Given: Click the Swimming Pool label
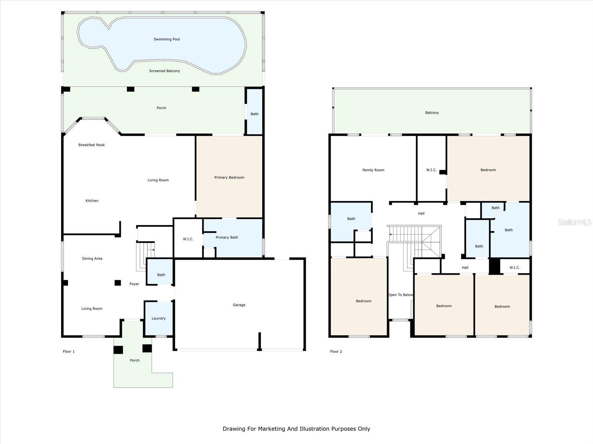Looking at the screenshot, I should [x=167, y=39].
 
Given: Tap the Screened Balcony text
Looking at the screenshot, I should [x=165, y=71].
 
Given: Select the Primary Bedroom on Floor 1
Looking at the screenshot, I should [x=229, y=178].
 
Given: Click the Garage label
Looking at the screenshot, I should [x=239, y=305].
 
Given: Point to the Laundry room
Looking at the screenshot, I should [x=159, y=318].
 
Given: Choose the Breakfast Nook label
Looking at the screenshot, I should [x=92, y=145].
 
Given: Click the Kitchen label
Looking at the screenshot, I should [x=92, y=201].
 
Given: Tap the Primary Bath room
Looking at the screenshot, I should [x=227, y=238].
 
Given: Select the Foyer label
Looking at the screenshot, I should [x=134, y=284].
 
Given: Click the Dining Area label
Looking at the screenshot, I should [x=92, y=259].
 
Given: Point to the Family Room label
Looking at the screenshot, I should [x=373, y=170].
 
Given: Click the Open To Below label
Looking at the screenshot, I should [x=400, y=295].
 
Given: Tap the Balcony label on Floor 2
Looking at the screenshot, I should [x=432, y=113].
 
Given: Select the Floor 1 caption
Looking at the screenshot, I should [x=69, y=351].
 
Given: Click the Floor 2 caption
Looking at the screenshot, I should [x=336, y=351].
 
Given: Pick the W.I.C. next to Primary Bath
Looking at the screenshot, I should [x=188, y=239].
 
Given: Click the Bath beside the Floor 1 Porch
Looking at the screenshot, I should [x=255, y=114].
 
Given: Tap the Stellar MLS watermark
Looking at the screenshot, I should [x=574, y=222].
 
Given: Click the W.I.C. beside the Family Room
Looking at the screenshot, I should [x=431, y=170].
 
